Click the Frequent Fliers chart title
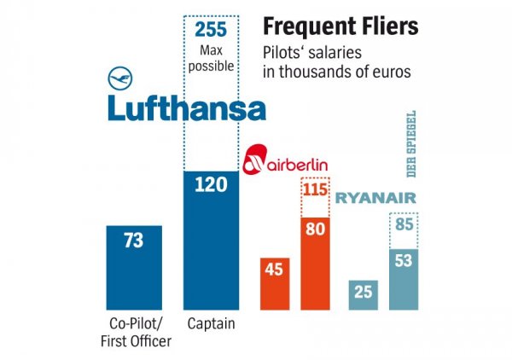[339, 26]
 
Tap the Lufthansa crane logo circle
[122, 78]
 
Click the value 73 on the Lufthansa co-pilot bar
[133, 241]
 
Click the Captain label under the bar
[212, 324]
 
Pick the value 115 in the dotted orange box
[317, 189]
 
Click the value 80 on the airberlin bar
[317, 230]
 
